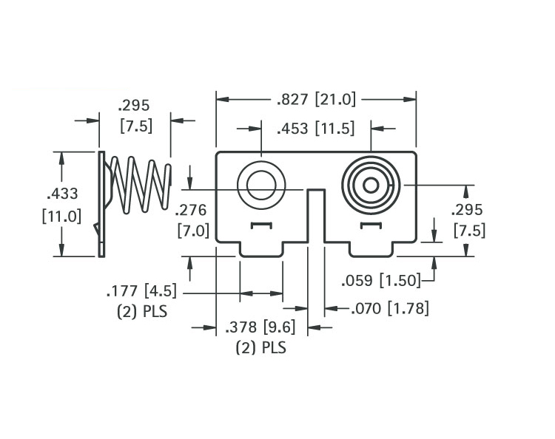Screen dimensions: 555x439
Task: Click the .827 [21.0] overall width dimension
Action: (x=316, y=99)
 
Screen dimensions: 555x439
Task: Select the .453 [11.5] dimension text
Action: (x=315, y=128)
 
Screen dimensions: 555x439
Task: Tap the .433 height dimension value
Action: (x=62, y=194)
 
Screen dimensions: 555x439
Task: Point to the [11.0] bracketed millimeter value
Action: (x=61, y=216)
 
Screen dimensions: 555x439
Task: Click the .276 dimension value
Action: (x=191, y=210)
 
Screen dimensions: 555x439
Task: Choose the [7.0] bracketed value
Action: (x=193, y=231)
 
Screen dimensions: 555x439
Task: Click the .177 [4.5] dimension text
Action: (x=141, y=291)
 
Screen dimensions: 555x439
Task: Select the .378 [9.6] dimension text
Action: (x=260, y=327)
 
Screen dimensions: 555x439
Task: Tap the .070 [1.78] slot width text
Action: (x=390, y=308)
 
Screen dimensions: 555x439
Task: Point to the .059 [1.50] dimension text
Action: (x=381, y=281)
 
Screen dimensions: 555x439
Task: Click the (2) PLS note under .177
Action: (x=142, y=312)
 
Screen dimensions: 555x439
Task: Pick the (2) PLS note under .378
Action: (x=261, y=347)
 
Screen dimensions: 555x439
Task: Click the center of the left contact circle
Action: (x=261, y=186)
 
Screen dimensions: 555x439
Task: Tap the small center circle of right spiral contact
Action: (x=371, y=186)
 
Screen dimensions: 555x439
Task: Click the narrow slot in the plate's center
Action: (x=316, y=216)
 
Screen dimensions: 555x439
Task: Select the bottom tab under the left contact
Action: (x=261, y=249)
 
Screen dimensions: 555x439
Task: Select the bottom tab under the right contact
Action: (x=371, y=249)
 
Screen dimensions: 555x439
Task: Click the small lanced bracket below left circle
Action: (x=261, y=225)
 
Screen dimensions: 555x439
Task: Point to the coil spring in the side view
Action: (x=141, y=185)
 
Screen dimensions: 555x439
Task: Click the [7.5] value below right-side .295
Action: (x=470, y=231)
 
